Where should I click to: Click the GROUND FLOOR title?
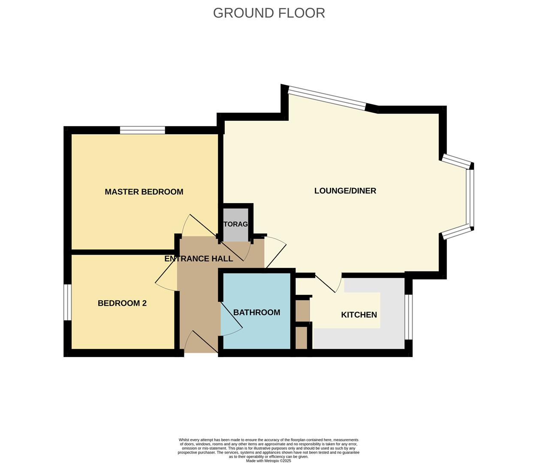pos(269,13)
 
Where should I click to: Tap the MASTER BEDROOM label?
pos(144,192)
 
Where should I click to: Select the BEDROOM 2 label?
pos(122,303)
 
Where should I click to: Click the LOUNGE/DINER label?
pos(345,191)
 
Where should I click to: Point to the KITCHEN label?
pos(359,315)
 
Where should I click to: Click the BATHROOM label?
pos(256,312)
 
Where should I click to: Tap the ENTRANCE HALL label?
pos(199,259)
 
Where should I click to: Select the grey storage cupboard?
pos(236,224)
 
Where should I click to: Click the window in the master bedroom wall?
pos(142,130)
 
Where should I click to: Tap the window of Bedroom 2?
pos(67,302)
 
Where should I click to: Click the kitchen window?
pos(409,317)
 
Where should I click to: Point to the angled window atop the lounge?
pos(327,98)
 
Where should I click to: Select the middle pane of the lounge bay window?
pos(471,198)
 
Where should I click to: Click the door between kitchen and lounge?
pos(329,283)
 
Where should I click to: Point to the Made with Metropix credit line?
pos(268,461)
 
